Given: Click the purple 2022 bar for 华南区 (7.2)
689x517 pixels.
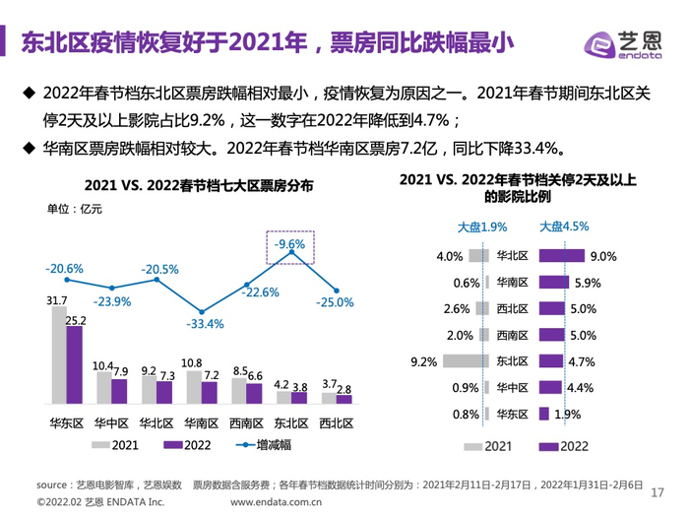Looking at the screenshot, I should pos(209,392).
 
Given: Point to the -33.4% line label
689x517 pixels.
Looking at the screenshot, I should pos(205,323).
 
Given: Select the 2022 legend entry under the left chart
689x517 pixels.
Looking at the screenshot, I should pos(187,444).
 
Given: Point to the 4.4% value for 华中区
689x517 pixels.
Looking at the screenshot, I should pos(580,387).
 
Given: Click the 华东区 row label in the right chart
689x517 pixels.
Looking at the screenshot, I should pos(513,414).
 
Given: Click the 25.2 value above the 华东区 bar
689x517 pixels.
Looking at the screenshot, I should pos(75,320).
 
